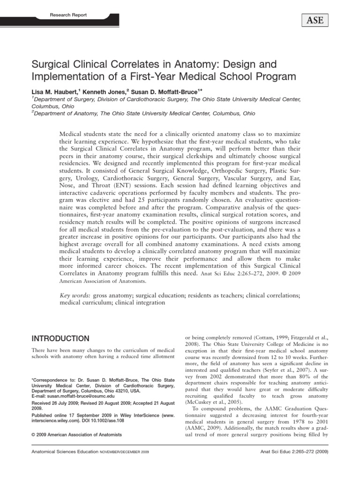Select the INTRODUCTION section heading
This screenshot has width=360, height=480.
(60, 338)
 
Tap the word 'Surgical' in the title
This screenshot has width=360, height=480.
(52, 64)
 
